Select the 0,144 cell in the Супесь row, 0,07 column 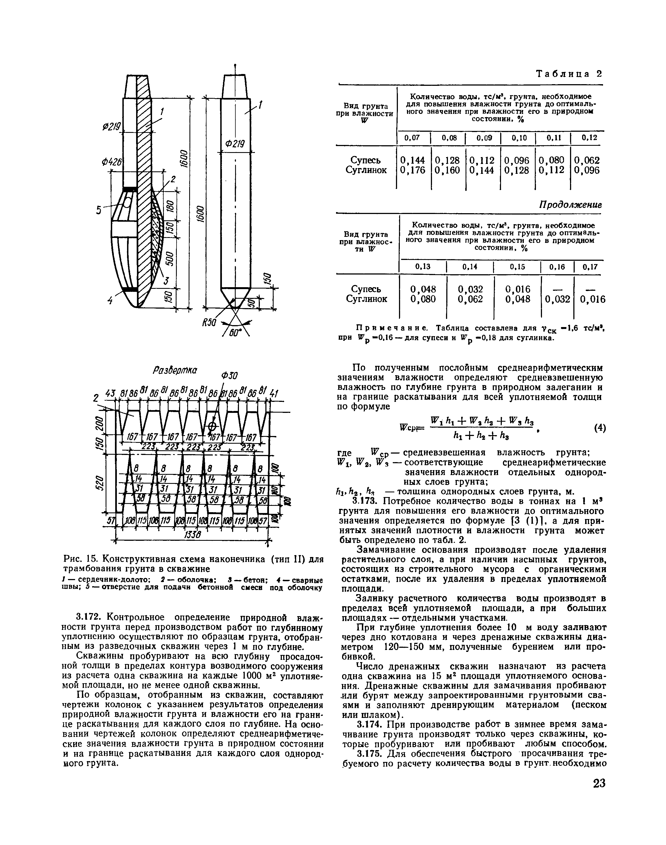[412, 160]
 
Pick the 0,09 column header [483, 138]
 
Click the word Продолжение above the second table [570, 205]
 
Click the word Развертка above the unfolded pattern [175, 370]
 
